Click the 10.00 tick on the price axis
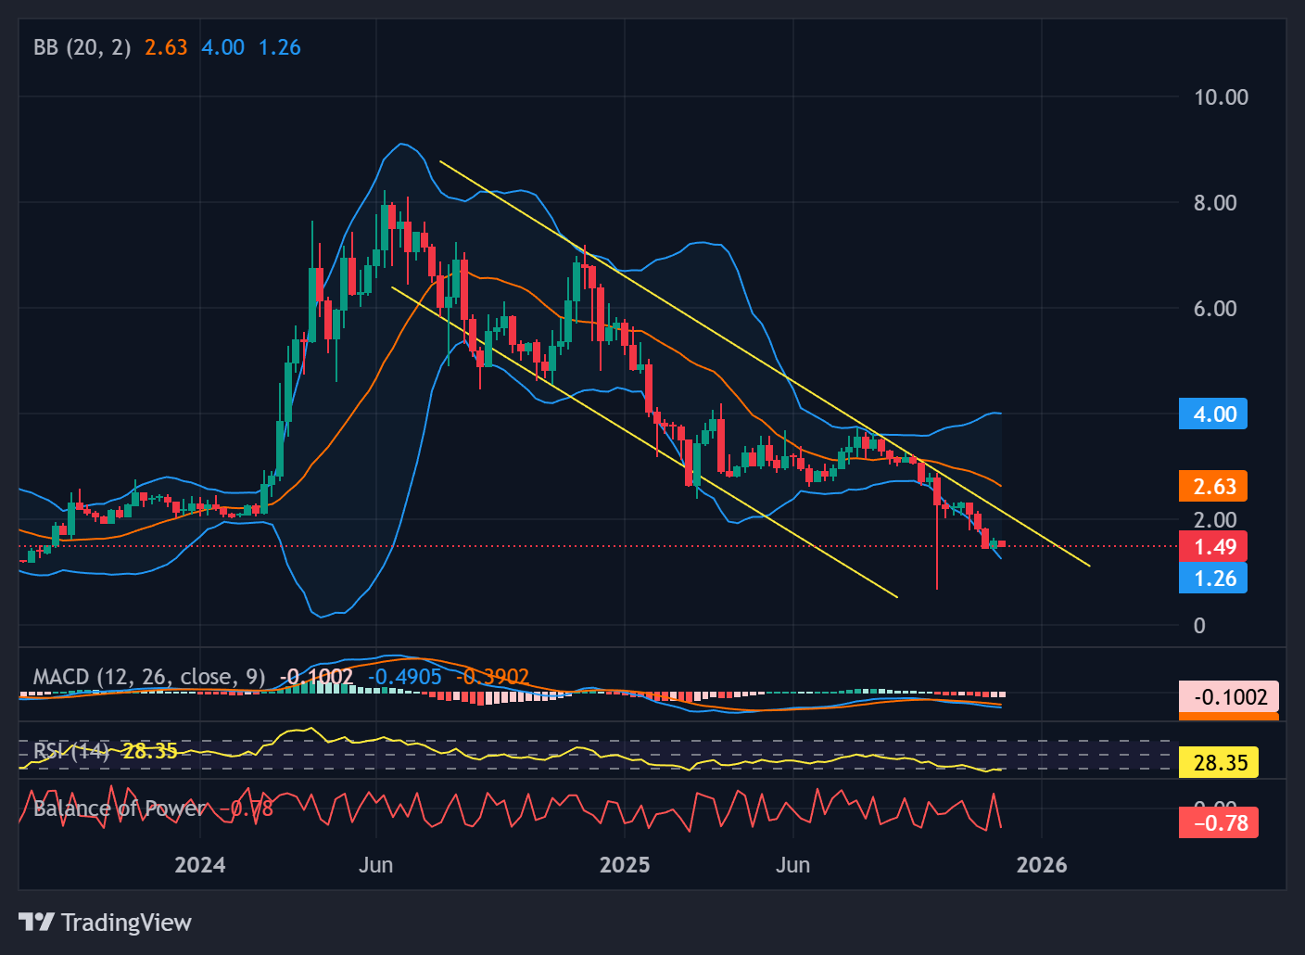(x=1221, y=97)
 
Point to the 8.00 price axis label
(x=1215, y=203)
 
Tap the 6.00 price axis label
(x=1215, y=309)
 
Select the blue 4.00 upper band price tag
(x=1213, y=414)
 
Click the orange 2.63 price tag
(x=1213, y=486)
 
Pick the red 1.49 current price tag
(x=1213, y=546)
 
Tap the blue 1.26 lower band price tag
(x=1213, y=579)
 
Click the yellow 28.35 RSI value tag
(x=1219, y=763)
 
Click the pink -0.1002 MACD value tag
(x=1229, y=696)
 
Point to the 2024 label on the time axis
(x=200, y=865)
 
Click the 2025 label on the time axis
(x=625, y=865)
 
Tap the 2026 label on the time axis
(x=1042, y=865)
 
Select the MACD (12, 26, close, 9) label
(x=149, y=677)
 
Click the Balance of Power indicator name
(x=120, y=809)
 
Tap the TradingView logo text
(x=126, y=923)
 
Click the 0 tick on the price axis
(x=1199, y=626)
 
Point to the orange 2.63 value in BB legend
(x=166, y=47)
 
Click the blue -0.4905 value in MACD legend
(x=405, y=677)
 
